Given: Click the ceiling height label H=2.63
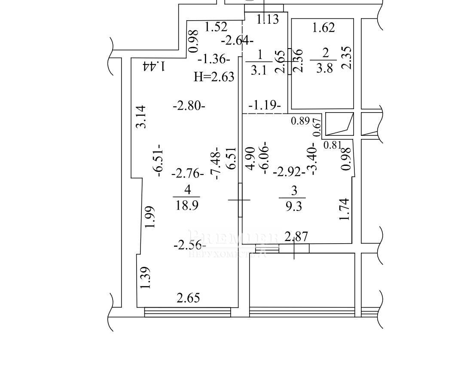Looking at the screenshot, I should pos(214,77).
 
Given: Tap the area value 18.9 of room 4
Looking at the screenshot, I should pos(187,205).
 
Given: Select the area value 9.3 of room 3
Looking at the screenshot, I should pos(293,206).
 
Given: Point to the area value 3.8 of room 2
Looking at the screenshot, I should pos(324,68).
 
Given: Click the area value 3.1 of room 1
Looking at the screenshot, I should pos(258,70).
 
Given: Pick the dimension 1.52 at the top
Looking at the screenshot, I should pos(216,27).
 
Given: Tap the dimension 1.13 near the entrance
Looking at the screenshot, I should pos(268,19).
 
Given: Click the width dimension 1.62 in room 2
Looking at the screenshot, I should pos(323,28).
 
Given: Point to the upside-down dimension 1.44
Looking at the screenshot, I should pos(155,66).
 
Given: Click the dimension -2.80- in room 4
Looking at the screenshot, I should pos(189,105).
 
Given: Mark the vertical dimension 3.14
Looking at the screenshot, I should pos(141,116).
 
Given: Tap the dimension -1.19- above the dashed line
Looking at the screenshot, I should pos(265,105).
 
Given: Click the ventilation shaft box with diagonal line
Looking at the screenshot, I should pos(339,124).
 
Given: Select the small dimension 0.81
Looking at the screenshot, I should pos(332,145).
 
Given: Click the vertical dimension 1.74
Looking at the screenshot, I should pos(345,209).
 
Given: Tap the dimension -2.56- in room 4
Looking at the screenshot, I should pos(189,245).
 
